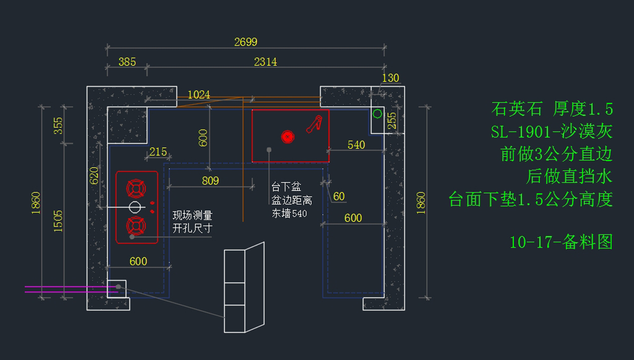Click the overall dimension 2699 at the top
click(x=246, y=42)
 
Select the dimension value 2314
click(x=265, y=62)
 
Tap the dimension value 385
click(x=127, y=62)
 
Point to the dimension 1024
click(x=199, y=95)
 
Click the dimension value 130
click(x=390, y=78)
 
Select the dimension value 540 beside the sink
click(x=356, y=145)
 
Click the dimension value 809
click(x=210, y=181)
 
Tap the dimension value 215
click(x=158, y=152)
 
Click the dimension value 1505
click(x=58, y=221)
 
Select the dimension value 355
click(x=58, y=125)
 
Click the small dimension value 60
click(x=339, y=197)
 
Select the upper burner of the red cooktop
click(x=136, y=188)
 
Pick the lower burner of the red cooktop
click(x=136, y=226)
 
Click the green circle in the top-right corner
click(x=378, y=113)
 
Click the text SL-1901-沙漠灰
click(x=552, y=132)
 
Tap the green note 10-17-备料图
click(x=561, y=242)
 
